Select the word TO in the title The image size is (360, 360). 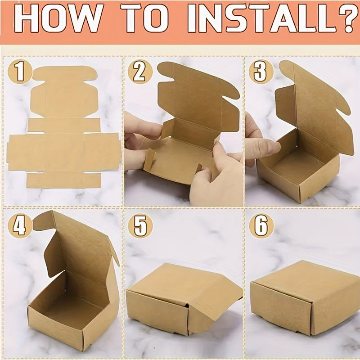[144, 18]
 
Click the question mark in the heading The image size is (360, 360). [346, 18]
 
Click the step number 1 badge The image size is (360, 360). [20, 72]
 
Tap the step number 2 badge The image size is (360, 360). [140, 72]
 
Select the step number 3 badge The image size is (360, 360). [261, 72]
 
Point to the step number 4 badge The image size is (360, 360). [20, 226]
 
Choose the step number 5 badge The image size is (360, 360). [140, 226]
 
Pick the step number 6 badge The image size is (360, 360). [261, 226]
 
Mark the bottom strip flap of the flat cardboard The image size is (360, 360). [64, 180]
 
